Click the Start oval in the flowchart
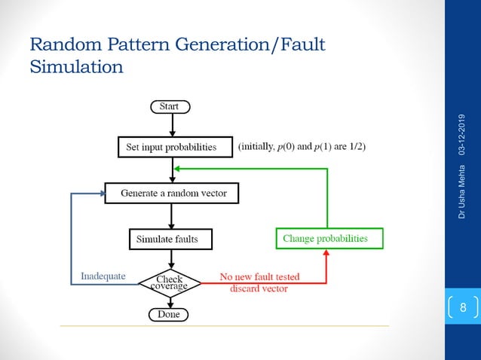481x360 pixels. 169,107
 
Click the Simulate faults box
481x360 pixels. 170,239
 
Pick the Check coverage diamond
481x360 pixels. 170,282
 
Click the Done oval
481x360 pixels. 169,314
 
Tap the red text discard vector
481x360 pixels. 259,288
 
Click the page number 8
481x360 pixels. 463,308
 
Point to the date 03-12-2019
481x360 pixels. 461,135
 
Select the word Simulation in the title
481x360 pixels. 76,67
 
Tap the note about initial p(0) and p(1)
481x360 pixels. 302,147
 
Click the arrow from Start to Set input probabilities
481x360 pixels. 173,124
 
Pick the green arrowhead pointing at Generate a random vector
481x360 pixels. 177,169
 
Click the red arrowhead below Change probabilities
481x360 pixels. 326,254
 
